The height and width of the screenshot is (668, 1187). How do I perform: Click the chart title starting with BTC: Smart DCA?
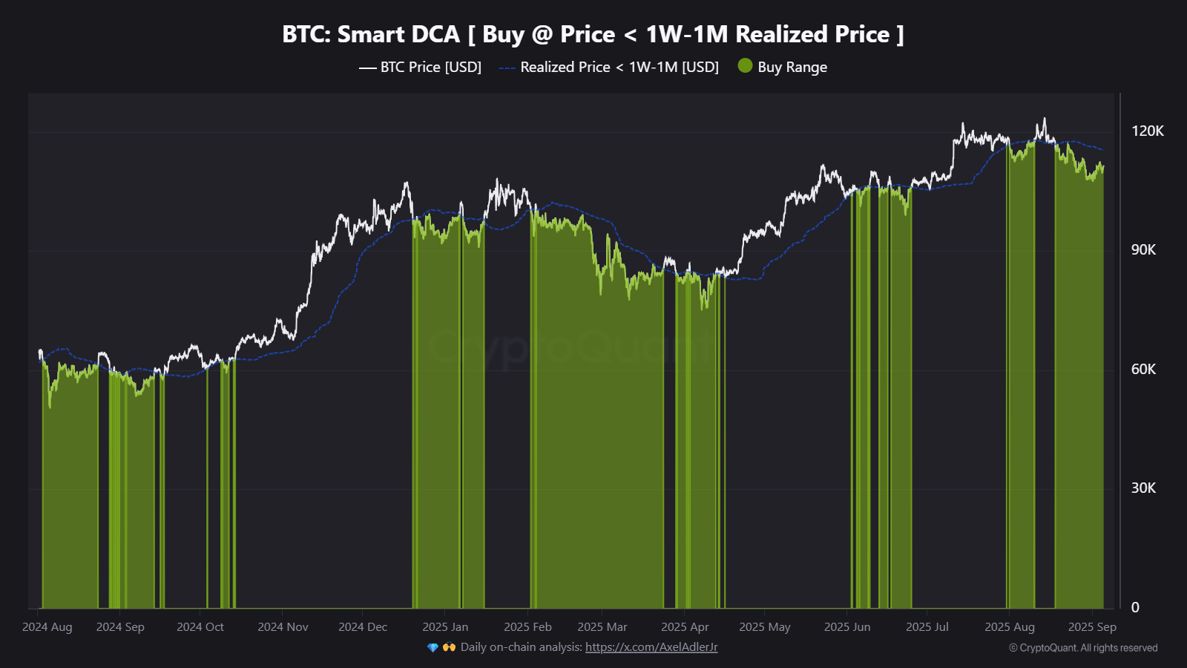coord(593,34)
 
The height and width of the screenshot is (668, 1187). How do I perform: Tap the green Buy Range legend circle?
coord(746,66)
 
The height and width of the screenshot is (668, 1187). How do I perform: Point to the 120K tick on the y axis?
coord(1147,131)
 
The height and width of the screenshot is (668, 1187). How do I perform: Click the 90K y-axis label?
coord(1143,250)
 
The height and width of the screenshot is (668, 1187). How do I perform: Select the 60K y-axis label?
coord(1143,369)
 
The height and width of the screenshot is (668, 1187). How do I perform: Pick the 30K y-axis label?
coord(1143,488)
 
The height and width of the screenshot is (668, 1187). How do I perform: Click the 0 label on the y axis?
coord(1135,607)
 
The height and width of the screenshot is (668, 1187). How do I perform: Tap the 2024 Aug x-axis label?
coord(47,627)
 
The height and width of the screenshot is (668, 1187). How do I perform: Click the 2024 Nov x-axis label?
coord(283,627)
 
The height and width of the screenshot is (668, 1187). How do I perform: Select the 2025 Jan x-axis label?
coord(445,627)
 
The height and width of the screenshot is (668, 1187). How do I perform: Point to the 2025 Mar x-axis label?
coord(602,627)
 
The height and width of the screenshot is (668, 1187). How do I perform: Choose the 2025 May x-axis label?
coord(765,627)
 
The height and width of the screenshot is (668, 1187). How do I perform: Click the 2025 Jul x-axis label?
coord(927,627)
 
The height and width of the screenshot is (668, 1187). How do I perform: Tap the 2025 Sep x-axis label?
coord(1092,627)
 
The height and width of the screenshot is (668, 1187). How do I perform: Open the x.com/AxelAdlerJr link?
coord(651,647)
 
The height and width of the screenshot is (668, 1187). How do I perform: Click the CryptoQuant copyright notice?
coord(1083,648)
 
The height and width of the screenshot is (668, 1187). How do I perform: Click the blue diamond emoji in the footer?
coord(433,647)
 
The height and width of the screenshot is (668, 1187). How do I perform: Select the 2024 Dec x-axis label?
coord(363,627)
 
